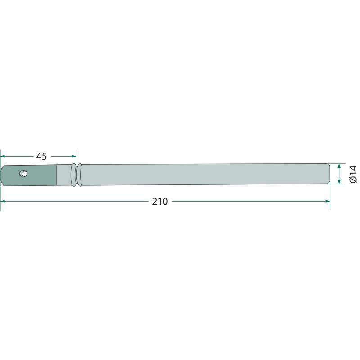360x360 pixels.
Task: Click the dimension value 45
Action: [41, 156]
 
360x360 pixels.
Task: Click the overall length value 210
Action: [160, 202]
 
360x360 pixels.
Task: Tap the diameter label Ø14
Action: [353, 174]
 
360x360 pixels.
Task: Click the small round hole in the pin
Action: [24, 174]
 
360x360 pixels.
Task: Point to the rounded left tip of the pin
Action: [1, 175]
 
